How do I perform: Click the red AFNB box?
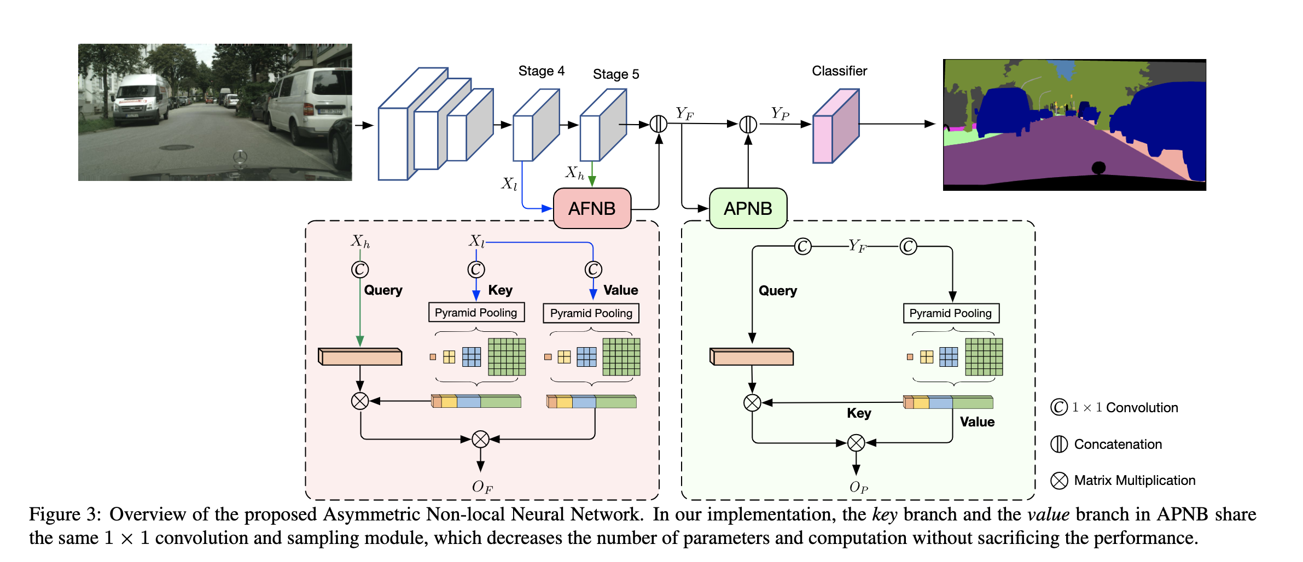(592, 208)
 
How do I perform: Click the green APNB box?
(748, 208)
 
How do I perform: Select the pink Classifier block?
(835, 127)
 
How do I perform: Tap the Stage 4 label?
(541, 71)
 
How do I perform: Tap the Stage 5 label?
(615, 74)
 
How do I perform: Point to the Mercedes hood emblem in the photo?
(240, 157)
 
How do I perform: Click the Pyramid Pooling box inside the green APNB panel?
(951, 313)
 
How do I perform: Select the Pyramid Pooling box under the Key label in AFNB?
(476, 313)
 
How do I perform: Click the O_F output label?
(482, 487)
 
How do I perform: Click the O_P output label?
(858, 487)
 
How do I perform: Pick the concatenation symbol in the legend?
(1059, 444)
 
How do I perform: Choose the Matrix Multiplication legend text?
(1135, 481)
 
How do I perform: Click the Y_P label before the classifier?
(780, 114)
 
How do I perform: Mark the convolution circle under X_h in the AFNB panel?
(360, 270)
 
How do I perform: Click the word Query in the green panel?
(777, 291)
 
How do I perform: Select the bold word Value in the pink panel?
(620, 290)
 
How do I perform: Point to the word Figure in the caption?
(55, 514)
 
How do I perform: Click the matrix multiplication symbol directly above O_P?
(856, 443)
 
